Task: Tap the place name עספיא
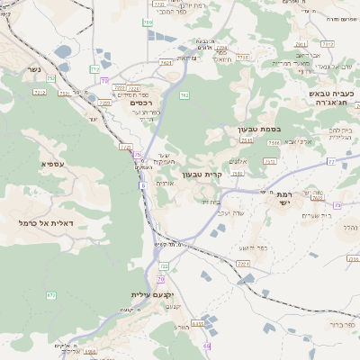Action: [x=51, y=164]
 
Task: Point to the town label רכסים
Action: [x=143, y=103]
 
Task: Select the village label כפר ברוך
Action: [x=345, y=324]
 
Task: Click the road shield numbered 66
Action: [x=207, y=346]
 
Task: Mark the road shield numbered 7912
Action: [x=327, y=43]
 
